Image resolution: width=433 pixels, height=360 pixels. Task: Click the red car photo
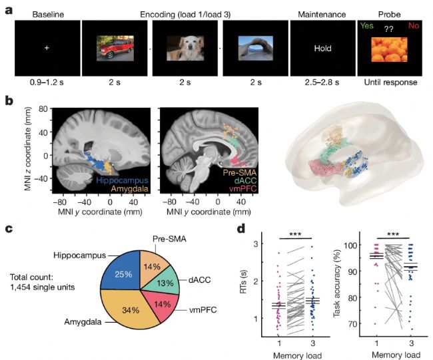(115, 49)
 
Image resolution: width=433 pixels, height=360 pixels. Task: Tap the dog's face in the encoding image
(189, 47)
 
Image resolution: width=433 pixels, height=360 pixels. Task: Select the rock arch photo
(255, 49)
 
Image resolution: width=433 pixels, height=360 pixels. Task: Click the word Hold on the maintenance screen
(322, 49)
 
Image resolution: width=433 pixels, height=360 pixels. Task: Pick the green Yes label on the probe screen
(367, 26)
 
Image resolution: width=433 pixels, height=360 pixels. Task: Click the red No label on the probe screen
(414, 26)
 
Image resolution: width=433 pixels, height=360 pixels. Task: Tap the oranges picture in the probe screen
(389, 50)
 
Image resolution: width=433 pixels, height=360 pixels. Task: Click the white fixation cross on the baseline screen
(47, 48)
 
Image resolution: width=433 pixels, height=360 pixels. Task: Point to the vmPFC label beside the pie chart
(203, 310)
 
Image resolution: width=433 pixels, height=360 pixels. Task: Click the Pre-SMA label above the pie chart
(170, 239)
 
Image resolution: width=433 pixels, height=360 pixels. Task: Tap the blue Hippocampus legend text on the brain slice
(122, 181)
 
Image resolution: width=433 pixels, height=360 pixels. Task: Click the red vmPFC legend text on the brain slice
(242, 189)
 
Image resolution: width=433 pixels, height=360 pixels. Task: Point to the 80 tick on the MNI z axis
(43, 109)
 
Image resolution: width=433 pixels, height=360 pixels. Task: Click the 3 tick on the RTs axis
(256, 244)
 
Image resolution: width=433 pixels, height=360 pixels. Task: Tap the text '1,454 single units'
(43, 287)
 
